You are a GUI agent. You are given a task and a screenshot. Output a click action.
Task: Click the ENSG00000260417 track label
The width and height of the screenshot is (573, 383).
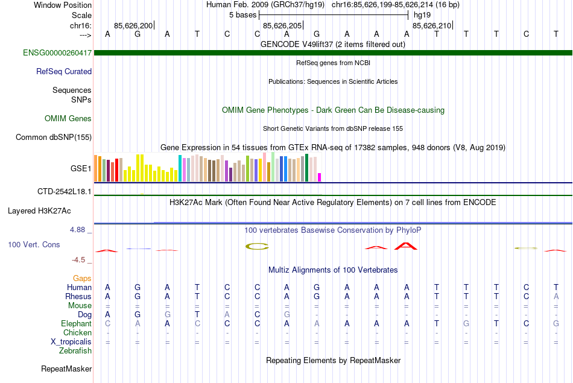57,53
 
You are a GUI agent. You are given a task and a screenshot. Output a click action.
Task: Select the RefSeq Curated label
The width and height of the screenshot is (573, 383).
64,72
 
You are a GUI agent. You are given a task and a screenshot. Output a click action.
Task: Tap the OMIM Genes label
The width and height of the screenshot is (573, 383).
68,119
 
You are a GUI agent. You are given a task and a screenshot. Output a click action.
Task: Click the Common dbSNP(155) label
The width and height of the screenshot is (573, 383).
54,138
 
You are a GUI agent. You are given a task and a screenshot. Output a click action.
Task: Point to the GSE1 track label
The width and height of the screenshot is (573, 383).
81,169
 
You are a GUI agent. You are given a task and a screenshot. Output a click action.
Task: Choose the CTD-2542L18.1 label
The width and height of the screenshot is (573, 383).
65,192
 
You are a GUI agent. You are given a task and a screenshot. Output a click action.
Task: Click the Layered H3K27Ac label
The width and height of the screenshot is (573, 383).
39,211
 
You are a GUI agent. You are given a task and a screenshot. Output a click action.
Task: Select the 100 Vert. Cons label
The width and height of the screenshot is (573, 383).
34,245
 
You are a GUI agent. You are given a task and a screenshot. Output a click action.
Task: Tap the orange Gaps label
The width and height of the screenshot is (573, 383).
82,279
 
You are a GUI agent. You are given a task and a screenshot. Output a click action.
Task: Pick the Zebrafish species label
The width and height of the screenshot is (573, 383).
75,351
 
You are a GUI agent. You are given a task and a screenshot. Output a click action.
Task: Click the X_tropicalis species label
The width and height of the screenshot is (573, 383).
71,342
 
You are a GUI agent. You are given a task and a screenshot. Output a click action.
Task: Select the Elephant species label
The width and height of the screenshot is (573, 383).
76,324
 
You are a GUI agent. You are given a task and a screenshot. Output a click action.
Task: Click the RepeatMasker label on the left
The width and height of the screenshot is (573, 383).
66,369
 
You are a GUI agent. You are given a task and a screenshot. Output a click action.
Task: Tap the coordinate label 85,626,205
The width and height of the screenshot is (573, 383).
282,25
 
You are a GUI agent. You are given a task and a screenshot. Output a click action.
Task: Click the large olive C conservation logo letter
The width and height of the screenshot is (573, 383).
256,246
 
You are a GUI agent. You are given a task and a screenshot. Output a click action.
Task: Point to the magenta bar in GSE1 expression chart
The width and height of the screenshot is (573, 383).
320,177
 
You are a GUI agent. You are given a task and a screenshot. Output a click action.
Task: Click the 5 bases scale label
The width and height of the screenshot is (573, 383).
243,14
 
